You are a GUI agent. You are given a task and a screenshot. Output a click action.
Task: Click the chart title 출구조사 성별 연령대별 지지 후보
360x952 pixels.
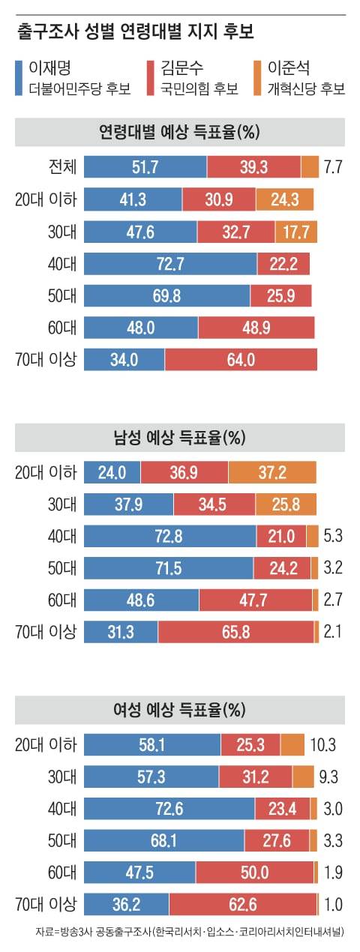135,32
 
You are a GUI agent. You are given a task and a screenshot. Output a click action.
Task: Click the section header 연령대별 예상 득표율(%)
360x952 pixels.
179,133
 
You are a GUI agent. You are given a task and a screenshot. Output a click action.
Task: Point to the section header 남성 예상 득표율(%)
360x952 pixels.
179,438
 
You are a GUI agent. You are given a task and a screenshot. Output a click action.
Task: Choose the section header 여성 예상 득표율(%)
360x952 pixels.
179,709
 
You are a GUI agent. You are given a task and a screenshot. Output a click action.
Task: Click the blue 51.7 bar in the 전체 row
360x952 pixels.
145,166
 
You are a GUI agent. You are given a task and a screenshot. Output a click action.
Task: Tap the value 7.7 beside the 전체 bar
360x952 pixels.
333,166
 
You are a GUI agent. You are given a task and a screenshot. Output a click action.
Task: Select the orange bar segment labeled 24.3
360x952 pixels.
284,199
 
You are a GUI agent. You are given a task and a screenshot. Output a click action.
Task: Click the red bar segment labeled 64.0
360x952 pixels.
241,360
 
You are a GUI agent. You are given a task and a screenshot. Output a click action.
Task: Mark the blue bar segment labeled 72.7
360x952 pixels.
170,263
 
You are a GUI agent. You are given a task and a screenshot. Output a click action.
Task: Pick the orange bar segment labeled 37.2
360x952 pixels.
272,472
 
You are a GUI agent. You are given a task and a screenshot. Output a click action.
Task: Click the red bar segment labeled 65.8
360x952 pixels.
235,633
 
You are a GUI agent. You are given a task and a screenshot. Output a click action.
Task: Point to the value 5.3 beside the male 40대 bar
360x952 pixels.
333,536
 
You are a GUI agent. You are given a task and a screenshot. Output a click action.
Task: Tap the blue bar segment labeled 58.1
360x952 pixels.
151,744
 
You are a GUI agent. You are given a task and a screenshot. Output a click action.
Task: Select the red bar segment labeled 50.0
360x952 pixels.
254,873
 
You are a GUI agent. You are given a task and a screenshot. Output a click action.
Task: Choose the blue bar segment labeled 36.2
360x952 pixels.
126,904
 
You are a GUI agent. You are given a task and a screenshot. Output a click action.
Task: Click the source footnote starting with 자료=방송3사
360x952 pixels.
189,933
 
